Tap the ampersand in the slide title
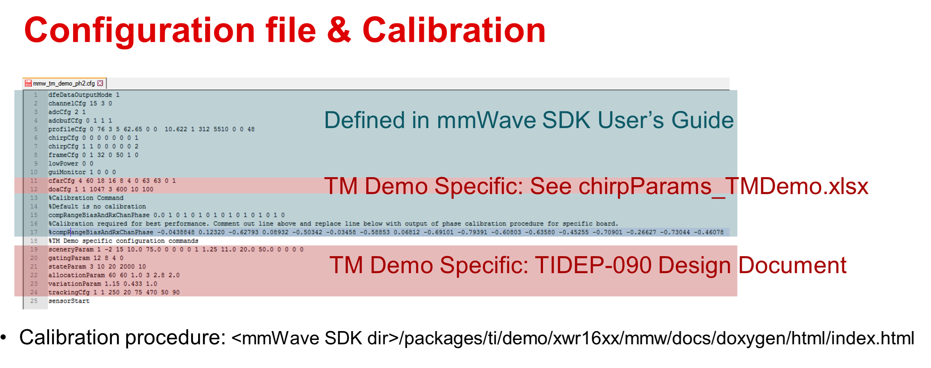pos(339,30)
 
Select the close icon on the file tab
pos(100,83)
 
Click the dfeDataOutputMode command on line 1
pos(80,95)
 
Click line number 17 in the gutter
pos(34,232)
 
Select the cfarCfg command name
pos(61,181)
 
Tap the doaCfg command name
pos(59,189)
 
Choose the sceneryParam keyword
pos(71,250)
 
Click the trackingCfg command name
pos(69,292)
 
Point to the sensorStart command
pos(69,301)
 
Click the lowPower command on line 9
pos(63,164)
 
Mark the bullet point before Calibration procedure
pos(4,337)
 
